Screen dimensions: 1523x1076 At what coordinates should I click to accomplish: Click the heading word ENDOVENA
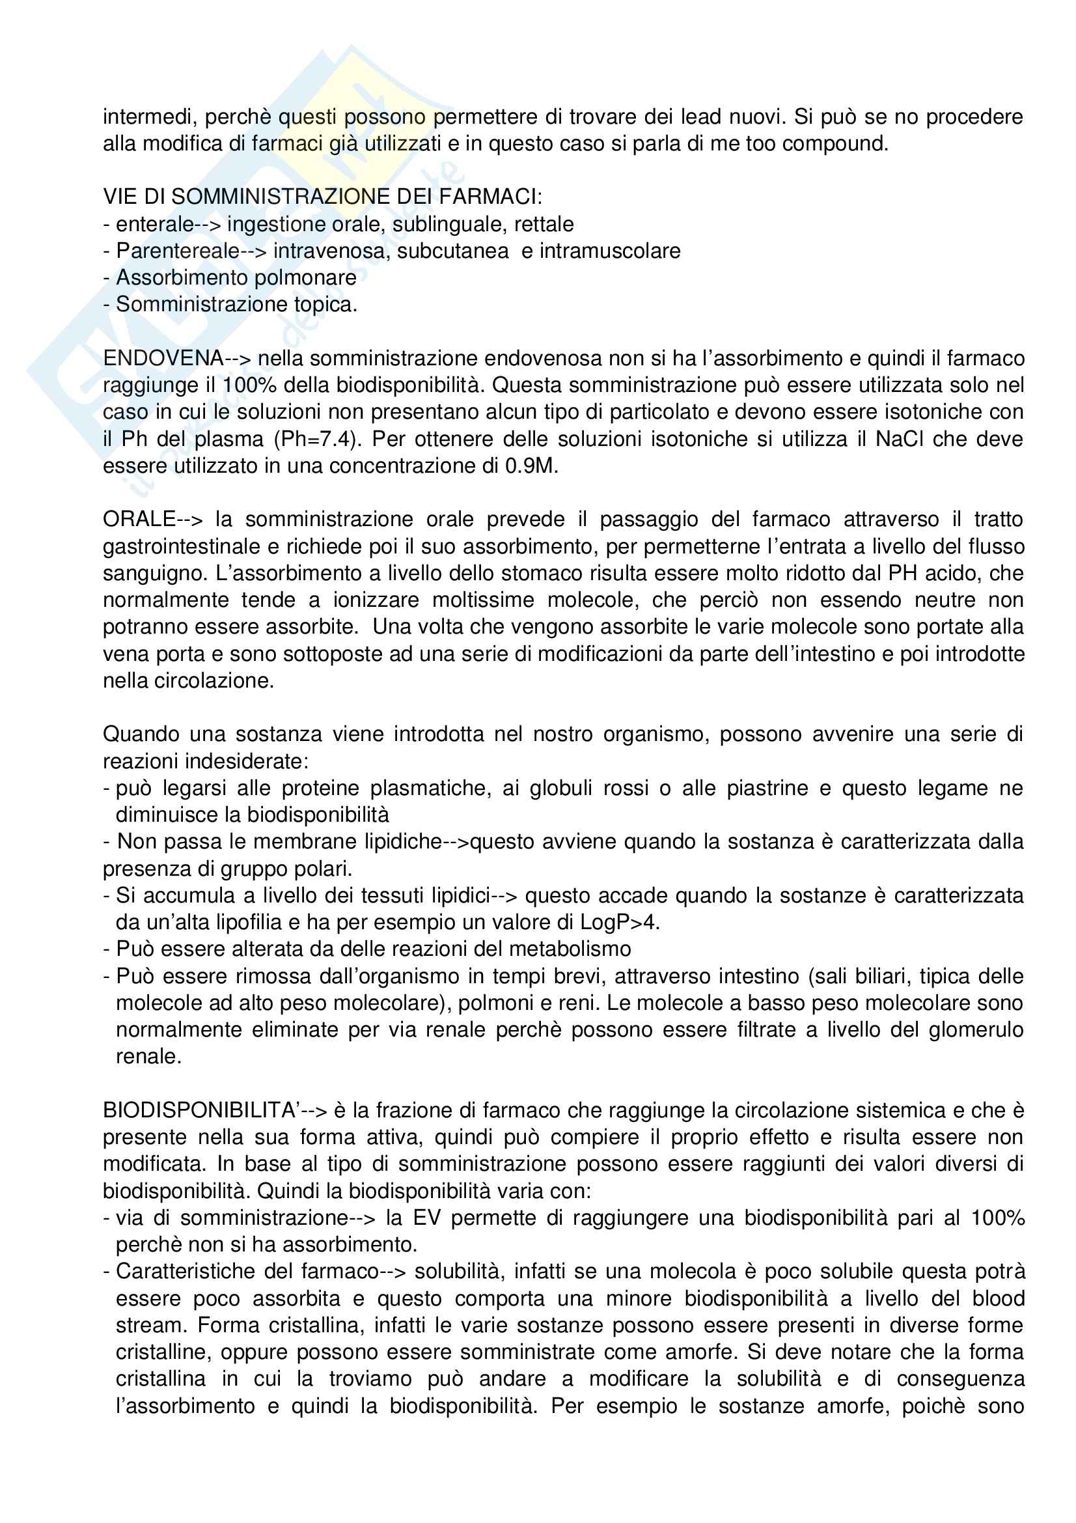click(163, 359)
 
